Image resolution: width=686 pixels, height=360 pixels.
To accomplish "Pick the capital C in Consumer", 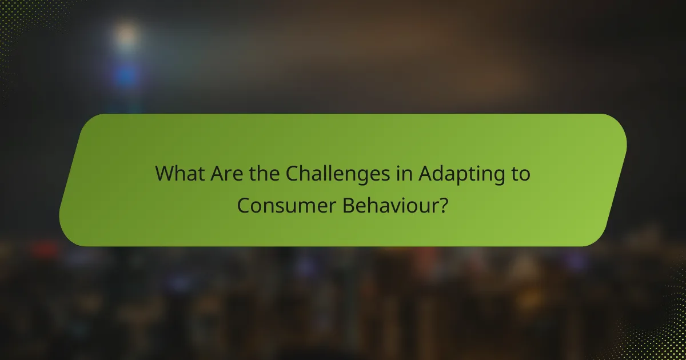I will (x=242, y=206).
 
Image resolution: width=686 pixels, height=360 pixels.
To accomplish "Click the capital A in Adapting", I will (x=425, y=174).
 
